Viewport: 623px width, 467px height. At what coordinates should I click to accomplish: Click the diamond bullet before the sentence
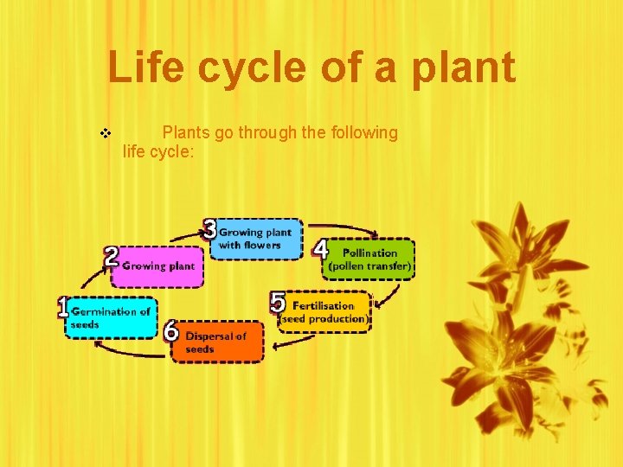(x=106, y=134)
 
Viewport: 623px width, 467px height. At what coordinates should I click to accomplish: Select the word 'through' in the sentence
(x=292, y=133)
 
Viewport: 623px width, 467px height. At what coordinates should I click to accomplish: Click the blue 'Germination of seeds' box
(x=112, y=318)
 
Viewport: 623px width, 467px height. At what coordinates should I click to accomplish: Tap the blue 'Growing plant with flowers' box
(x=257, y=239)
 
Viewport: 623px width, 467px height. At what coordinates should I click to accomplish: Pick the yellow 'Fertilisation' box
(x=324, y=312)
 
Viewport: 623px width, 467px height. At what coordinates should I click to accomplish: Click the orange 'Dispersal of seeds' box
(x=216, y=342)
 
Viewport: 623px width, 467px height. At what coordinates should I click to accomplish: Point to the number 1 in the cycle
(x=62, y=307)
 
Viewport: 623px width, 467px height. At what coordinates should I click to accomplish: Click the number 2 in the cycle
(x=111, y=256)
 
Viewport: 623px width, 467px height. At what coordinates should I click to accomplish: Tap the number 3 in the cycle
(x=210, y=229)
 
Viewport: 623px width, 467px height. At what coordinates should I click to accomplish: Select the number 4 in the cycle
(x=320, y=250)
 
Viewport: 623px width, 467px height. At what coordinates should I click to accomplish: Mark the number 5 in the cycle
(x=278, y=303)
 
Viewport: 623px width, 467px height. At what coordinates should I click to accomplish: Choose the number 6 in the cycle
(x=171, y=331)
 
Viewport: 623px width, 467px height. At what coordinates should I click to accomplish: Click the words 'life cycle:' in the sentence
(x=159, y=152)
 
